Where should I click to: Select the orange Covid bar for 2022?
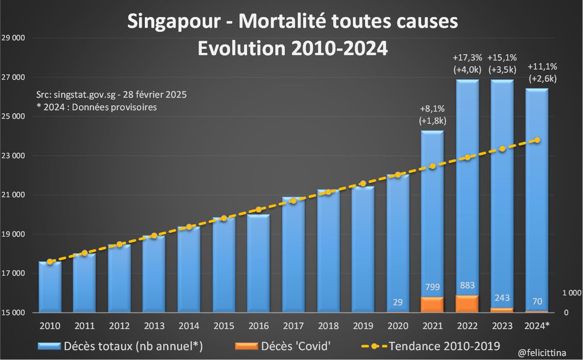tap(467, 304)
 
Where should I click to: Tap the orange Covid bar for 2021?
tap(432, 305)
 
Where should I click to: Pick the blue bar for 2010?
tap(50, 287)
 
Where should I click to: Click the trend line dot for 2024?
tap(537, 140)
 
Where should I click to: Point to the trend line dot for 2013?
tap(154, 236)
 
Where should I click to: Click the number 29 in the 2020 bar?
tap(397, 302)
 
